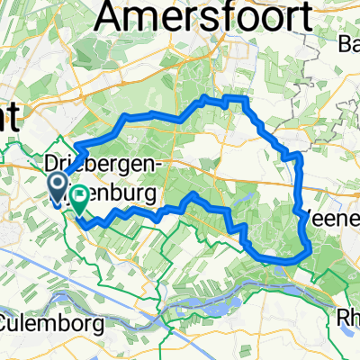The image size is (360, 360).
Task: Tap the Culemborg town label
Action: click(43, 320)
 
